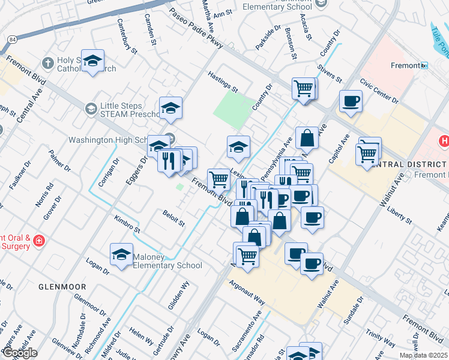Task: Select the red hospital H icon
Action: (x=444, y=142)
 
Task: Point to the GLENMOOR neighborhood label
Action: (x=62, y=287)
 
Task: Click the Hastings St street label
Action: (x=222, y=82)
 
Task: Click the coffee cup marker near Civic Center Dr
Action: (x=351, y=101)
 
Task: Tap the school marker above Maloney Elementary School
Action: (x=122, y=254)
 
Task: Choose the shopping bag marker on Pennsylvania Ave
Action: (x=307, y=137)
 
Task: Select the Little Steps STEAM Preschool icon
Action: (x=91, y=108)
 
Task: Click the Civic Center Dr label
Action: (x=379, y=90)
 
